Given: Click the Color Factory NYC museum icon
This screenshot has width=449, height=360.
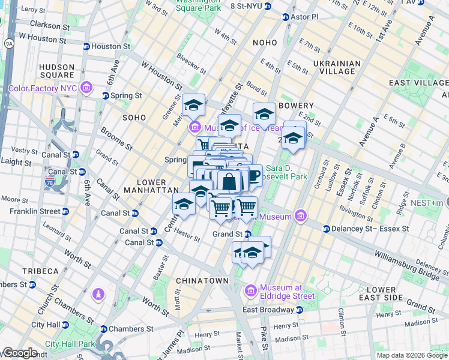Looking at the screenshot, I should (x=87, y=88).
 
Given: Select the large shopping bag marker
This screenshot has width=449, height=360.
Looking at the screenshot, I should (x=229, y=181).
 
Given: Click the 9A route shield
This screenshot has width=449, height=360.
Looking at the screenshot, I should (x=8, y=43).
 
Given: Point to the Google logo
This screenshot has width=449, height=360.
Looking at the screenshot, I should (x=19, y=353).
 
